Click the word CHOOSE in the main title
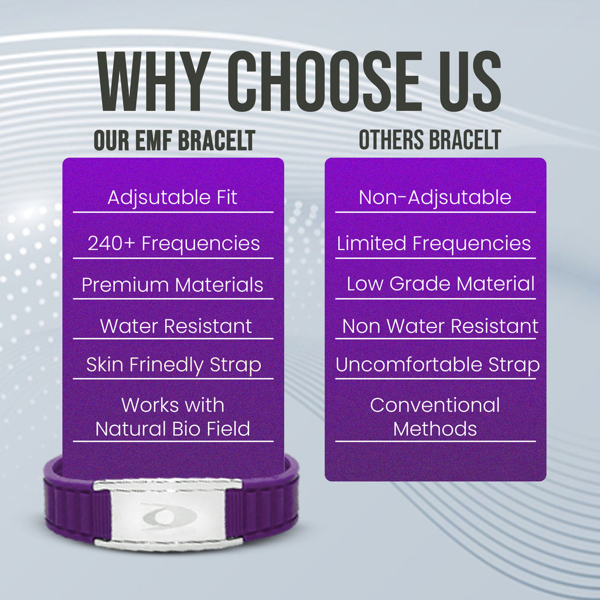coord(325,81)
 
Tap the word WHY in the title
coord(154,81)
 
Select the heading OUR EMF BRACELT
coord(175,140)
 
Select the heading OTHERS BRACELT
coord(429,139)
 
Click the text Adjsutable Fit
coord(172,198)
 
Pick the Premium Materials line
coord(172,285)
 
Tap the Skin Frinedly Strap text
coord(173,365)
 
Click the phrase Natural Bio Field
coord(173,428)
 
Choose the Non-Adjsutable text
coord(435,198)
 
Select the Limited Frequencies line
coord(434,243)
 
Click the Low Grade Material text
coord(441,284)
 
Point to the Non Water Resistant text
coord(441,326)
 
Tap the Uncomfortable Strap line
coord(438,365)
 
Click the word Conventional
coord(435,405)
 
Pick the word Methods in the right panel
coord(435,429)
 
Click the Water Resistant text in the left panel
coord(176,326)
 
